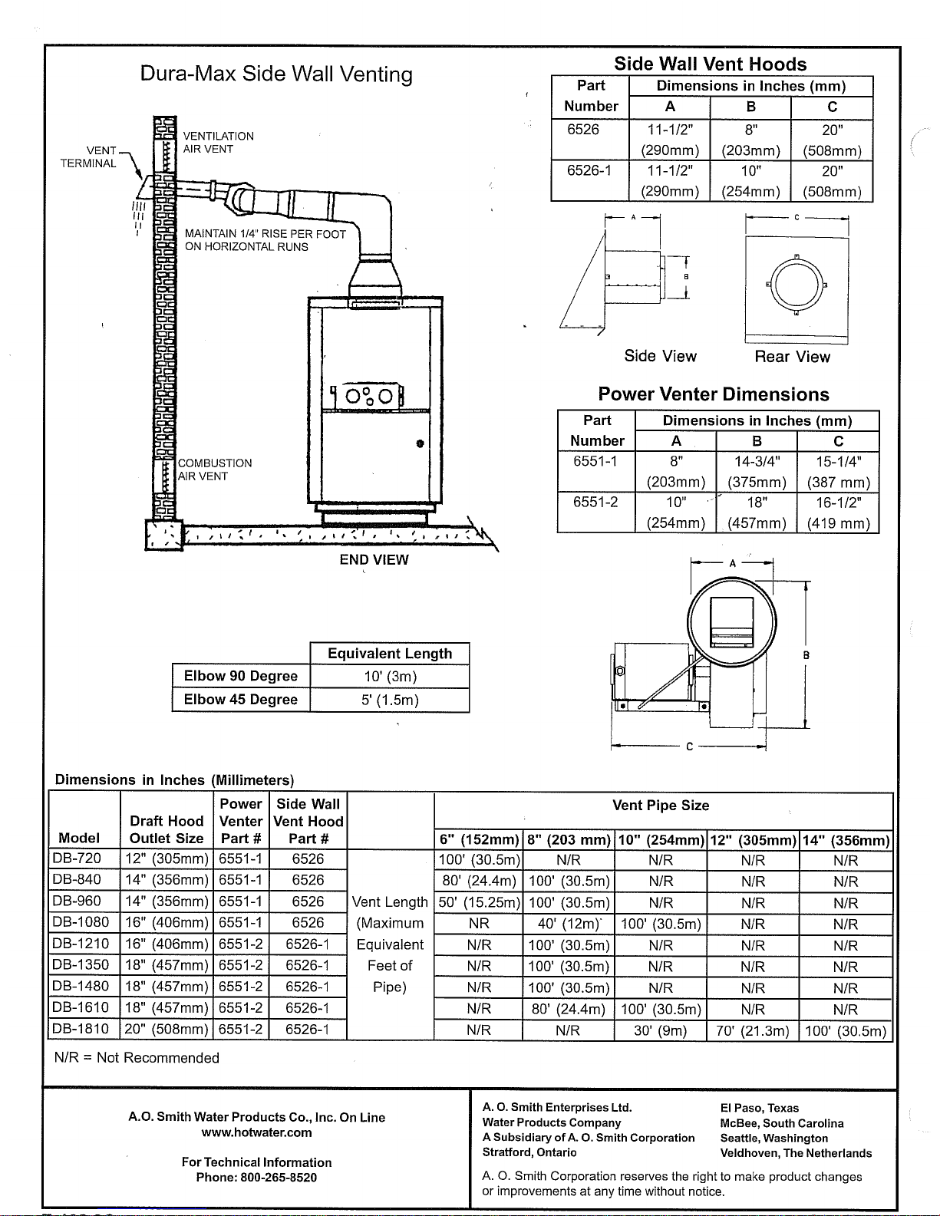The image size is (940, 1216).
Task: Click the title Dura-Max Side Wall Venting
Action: click(x=275, y=74)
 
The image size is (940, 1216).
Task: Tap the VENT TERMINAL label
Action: click(x=88, y=157)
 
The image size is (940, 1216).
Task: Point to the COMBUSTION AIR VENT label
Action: click(x=215, y=470)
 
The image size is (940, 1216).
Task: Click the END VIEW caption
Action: click(x=374, y=559)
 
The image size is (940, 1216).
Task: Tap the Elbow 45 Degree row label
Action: click(x=241, y=700)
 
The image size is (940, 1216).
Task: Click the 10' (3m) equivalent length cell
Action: click(x=390, y=677)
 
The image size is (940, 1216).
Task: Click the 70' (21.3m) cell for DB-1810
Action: click(x=753, y=1031)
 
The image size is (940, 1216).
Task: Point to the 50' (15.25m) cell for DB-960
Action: click(x=479, y=903)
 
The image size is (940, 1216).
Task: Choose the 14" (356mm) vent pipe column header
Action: click(x=846, y=841)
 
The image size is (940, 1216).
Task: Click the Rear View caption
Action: click(x=792, y=357)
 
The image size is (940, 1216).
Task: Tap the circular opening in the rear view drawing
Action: click(x=797, y=285)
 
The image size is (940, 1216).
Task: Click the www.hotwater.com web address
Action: click(x=256, y=1132)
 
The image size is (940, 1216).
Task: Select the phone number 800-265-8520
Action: click(x=279, y=1178)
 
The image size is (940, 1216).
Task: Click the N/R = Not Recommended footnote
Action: click(x=137, y=1058)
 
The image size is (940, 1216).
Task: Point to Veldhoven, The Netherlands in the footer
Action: click(x=796, y=1153)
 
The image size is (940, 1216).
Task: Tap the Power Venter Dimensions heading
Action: click(x=714, y=394)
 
